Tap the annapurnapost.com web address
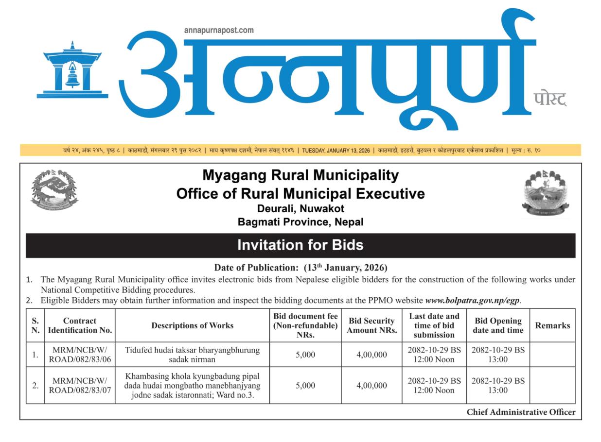coord(219,30)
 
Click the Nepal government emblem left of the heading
coord(54,189)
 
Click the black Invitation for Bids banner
coord(300,245)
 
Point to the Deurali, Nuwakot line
coord(300,209)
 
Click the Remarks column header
coord(552,325)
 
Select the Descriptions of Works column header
coord(192,325)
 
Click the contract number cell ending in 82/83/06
coord(80,355)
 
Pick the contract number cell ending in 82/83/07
coord(80,386)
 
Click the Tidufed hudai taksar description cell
coord(192,355)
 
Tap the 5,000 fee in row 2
coord(305,386)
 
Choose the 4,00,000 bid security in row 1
coord(371,355)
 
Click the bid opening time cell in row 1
coord(498,355)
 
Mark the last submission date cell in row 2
coord(434,386)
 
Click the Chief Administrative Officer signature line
coord(521,412)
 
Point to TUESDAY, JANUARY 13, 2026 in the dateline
coord(336,151)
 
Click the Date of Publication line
coord(300,268)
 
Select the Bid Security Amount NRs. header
coord(371,325)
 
